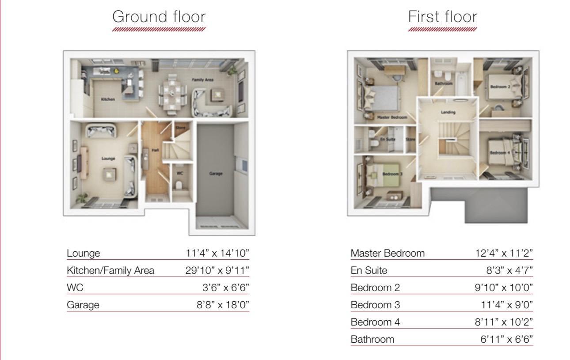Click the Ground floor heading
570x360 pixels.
(159, 17)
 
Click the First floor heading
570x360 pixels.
(443, 17)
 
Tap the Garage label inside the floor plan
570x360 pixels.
(216, 174)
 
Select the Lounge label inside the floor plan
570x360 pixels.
(108, 159)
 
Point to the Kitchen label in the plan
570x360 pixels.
(108, 99)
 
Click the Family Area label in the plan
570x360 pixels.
(202, 80)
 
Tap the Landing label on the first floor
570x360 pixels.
(448, 112)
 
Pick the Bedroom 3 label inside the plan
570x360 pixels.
(390, 174)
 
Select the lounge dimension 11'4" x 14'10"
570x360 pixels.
(217, 253)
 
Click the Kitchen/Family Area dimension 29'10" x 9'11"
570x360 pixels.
(217, 270)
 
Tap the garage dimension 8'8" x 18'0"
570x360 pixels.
(223, 305)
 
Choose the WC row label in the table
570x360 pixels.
(75, 288)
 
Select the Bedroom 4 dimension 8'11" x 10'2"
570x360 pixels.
(501, 322)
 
